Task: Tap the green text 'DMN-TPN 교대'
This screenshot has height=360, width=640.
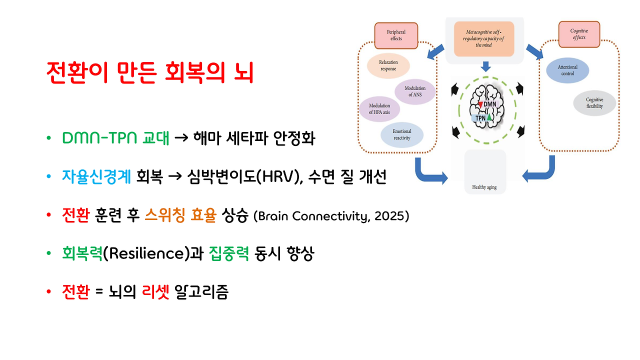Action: [115, 138]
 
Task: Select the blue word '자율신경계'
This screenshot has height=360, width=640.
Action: [96, 177]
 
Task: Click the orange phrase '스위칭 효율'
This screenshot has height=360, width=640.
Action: [180, 216]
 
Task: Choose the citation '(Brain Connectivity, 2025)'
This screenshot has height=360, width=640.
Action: [331, 216]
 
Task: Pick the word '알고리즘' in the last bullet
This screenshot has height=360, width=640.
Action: [201, 292]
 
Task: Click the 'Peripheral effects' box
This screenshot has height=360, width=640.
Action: [396, 35]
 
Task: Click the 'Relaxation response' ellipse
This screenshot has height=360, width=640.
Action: [388, 65]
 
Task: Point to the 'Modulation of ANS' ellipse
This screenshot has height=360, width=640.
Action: [414, 91]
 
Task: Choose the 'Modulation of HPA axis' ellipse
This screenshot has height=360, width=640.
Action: [379, 109]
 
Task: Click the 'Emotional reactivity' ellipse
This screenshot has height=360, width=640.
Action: [401, 135]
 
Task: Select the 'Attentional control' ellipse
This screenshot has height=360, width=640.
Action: [567, 70]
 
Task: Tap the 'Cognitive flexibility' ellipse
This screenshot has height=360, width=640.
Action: [594, 103]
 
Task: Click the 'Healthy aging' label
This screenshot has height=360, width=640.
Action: [484, 187]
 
